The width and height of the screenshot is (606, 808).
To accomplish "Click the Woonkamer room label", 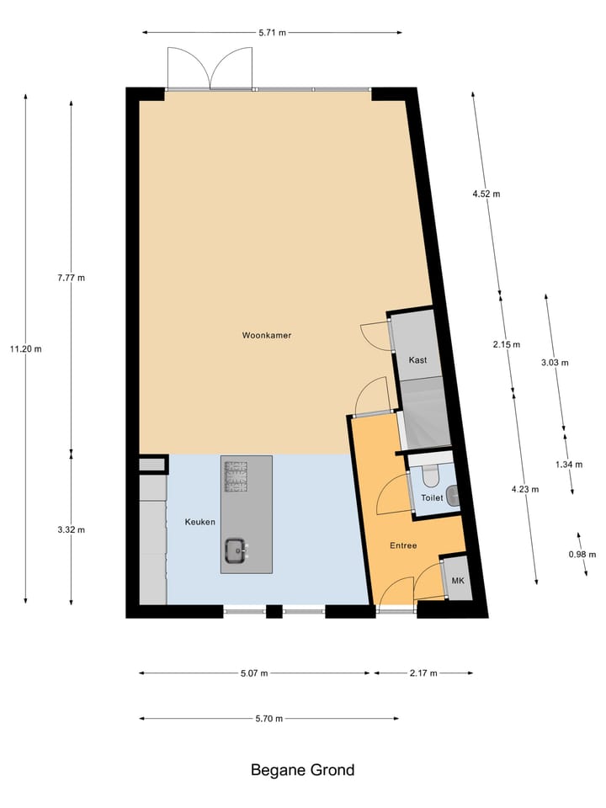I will tap(266, 335).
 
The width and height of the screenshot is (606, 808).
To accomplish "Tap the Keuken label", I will tap(199, 522).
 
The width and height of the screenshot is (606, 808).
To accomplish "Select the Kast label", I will tap(417, 359).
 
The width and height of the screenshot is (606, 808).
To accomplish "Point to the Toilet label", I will tap(431, 498).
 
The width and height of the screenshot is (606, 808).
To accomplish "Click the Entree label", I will tap(402, 545).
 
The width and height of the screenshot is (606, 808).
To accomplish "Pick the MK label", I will tap(458, 582).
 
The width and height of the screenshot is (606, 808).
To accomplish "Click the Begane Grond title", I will tap(302, 769).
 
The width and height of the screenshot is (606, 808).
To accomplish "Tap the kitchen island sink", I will tap(236, 552).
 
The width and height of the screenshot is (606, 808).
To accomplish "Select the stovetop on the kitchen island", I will tap(235, 476).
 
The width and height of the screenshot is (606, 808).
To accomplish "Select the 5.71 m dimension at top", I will tap(271, 33).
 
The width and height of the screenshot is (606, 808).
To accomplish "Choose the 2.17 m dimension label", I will tap(423, 673).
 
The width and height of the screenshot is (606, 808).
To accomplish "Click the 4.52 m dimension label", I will tap(486, 194).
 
